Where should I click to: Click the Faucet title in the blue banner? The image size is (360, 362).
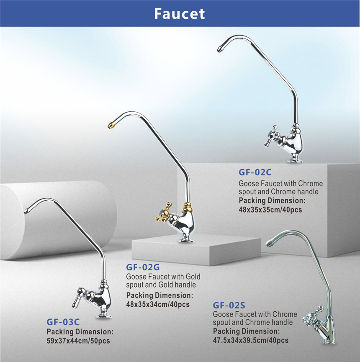coord(180,14)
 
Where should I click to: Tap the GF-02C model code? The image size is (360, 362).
coord(255,172)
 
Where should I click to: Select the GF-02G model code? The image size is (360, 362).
coord(143,267)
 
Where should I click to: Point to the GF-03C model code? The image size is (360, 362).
coord(63,322)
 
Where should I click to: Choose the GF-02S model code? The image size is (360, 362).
coord(229,305)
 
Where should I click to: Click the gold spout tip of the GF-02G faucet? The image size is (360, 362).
coord(111,126)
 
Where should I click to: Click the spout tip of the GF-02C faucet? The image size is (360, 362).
coord(220,49)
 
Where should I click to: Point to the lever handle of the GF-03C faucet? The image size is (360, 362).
coord(78,298)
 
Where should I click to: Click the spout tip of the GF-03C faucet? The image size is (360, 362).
coord(27,211)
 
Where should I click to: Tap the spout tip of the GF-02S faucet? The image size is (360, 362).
coord(269,243)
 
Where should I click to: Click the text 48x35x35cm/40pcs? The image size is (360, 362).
coord(270,210)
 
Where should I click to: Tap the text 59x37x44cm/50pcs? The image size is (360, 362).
coord(78,341)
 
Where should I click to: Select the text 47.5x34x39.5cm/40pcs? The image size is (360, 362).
coord(251,340)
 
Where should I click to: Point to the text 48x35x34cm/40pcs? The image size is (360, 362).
coord(158,305)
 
